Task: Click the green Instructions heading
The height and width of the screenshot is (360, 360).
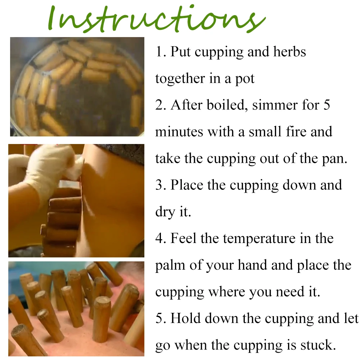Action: coord(157,19)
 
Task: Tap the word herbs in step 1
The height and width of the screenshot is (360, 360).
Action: coord(289,51)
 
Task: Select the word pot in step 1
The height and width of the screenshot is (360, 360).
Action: coord(245,79)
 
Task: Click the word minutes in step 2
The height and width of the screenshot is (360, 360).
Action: coord(179,132)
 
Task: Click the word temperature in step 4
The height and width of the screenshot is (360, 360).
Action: coord(259,238)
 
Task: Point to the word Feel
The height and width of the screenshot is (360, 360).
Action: coord(183,238)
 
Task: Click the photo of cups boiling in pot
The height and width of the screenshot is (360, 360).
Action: coord(77,86)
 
